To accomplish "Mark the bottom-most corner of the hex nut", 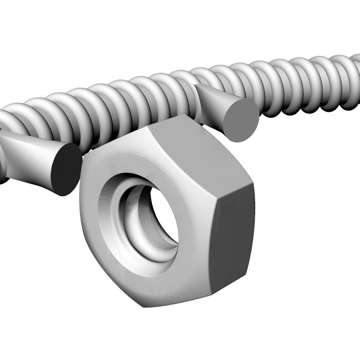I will pos(143,307).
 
